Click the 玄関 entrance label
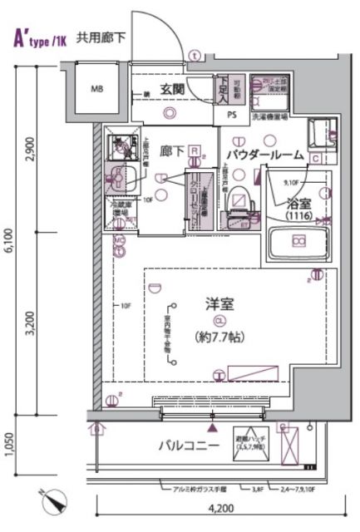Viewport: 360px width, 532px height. [x=171, y=89]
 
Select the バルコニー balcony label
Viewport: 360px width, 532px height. [x=189, y=446]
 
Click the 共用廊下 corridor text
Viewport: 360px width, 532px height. [x=103, y=37]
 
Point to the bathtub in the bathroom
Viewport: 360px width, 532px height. [x=298, y=243]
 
